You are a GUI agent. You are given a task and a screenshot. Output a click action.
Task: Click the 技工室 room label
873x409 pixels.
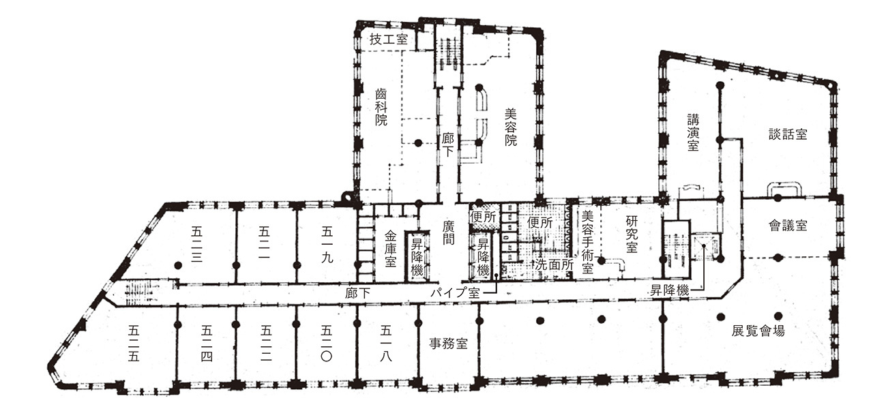(389, 40)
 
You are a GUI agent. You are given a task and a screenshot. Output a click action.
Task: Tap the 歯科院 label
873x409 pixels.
(381, 107)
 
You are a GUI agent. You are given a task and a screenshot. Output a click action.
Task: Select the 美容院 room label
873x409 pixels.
(511, 127)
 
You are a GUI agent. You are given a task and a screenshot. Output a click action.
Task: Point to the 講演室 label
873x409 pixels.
(693, 132)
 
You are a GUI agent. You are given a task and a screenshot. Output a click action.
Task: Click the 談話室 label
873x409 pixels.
(788, 134)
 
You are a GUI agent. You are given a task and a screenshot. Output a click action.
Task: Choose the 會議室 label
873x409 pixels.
(788, 226)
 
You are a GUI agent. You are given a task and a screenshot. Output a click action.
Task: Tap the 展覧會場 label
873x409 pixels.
(758, 331)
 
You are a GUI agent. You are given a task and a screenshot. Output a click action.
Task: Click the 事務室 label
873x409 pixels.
(448, 344)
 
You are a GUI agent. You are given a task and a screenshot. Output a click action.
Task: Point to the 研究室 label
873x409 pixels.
(632, 234)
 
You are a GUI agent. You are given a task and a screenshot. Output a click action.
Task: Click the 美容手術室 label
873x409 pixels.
(587, 242)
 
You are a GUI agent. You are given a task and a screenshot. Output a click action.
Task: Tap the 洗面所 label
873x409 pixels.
(554, 265)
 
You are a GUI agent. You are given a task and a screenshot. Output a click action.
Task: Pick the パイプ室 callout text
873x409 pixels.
(455, 292)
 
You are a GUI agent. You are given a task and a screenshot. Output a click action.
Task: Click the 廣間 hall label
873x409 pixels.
(449, 232)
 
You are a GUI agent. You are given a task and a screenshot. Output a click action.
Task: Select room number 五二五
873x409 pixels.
(133, 344)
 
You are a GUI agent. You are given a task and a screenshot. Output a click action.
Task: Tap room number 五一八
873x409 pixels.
(386, 344)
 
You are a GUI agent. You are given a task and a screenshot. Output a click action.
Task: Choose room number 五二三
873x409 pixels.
(196, 244)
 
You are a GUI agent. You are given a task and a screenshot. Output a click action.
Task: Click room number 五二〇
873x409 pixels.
(326, 344)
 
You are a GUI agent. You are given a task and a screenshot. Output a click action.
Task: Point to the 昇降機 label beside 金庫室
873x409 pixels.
(417, 257)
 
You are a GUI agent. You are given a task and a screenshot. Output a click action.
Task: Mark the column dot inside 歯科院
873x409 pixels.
(418, 143)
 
